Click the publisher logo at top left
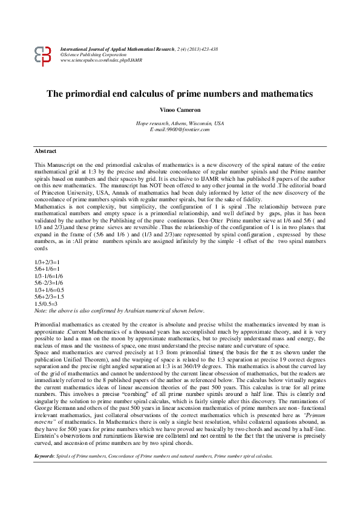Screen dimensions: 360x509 point(44,56)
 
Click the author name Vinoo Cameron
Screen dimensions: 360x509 point(180,111)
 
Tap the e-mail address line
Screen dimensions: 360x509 point(180,129)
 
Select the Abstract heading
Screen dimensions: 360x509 point(45,151)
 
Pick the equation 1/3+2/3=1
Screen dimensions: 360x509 point(48,262)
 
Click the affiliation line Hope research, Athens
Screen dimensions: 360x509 point(180,123)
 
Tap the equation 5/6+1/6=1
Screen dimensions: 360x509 point(48,268)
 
